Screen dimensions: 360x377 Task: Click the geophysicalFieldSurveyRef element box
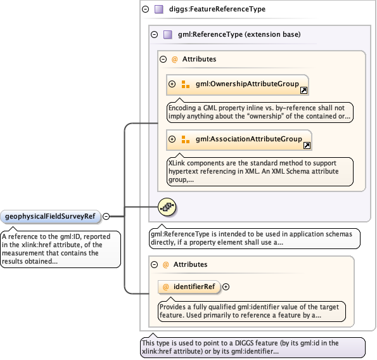click(x=50, y=217)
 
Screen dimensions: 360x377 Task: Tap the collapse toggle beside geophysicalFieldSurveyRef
click(x=106, y=217)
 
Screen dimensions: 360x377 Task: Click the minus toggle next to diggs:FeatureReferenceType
click(x=146, y=10)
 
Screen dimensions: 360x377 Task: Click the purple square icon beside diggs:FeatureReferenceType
click(x=158, y=10)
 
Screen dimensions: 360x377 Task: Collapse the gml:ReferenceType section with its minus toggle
click(x=154, y=34)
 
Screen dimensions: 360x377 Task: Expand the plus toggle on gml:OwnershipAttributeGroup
click(x=172, y=84)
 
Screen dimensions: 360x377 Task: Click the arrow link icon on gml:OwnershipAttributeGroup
click(x=304, y=91)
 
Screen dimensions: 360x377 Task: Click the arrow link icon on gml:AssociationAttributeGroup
click(x=307, y=146)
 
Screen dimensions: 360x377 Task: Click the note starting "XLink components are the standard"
click(x=260, y=171)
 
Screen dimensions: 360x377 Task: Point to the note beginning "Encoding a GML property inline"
click(x=260, y=112)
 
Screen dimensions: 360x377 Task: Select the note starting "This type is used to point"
click(x=253, y=347)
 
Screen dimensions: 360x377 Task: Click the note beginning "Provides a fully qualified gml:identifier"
click(x=252, y=310)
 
